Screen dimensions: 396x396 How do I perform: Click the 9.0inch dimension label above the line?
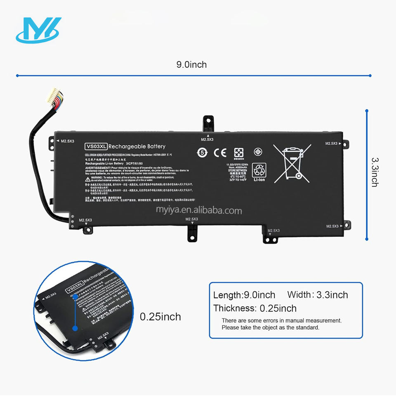[x=191, y=65]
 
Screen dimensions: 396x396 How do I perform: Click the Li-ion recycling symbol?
[x=259, y=170]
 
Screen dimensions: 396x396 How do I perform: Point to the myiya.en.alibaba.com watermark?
[x=198, y=211]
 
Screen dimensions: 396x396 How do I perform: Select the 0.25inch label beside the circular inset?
[x=160, y=317]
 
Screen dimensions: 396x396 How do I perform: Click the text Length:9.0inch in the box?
[x=244, y=295]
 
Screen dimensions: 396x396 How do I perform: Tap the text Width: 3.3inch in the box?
[x=318, y=295]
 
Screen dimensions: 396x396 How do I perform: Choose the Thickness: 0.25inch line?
[x=255, y=308]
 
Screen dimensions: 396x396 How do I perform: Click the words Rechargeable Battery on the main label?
[x=137, y=146]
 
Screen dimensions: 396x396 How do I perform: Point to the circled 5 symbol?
[x=202, y=152]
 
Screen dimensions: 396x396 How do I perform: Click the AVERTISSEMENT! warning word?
[x=98, y=168]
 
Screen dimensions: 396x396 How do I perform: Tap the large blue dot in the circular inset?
[x=75, y=328]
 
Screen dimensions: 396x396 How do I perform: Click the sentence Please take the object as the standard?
[x=271, y=328]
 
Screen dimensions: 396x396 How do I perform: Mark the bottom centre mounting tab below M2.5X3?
[x=192, y=231]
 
